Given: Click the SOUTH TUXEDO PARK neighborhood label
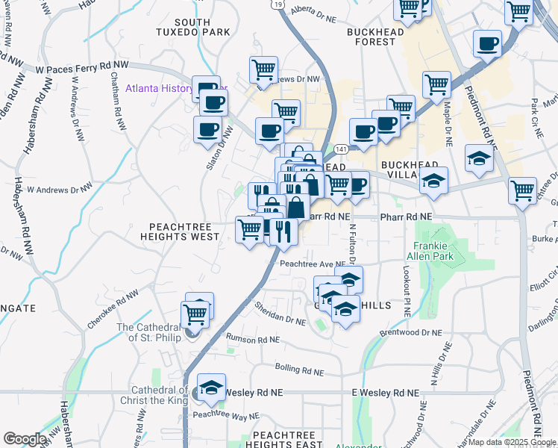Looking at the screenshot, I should coord(183,28).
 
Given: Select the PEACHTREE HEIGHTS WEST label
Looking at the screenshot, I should coord(184,231).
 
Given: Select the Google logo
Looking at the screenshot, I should coord(25,439).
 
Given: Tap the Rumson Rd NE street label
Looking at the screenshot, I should coord(253,339).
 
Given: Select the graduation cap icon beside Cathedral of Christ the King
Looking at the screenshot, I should coord(212,386).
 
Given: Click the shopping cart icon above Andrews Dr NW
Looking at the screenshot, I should coord(263,69).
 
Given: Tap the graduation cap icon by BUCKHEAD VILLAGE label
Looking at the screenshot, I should coord(433,180).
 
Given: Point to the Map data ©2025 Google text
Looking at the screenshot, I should coord(511,442).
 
